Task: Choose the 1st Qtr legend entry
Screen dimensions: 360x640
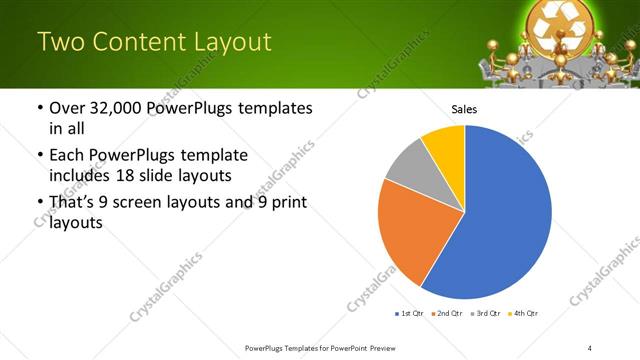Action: [411, 314]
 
